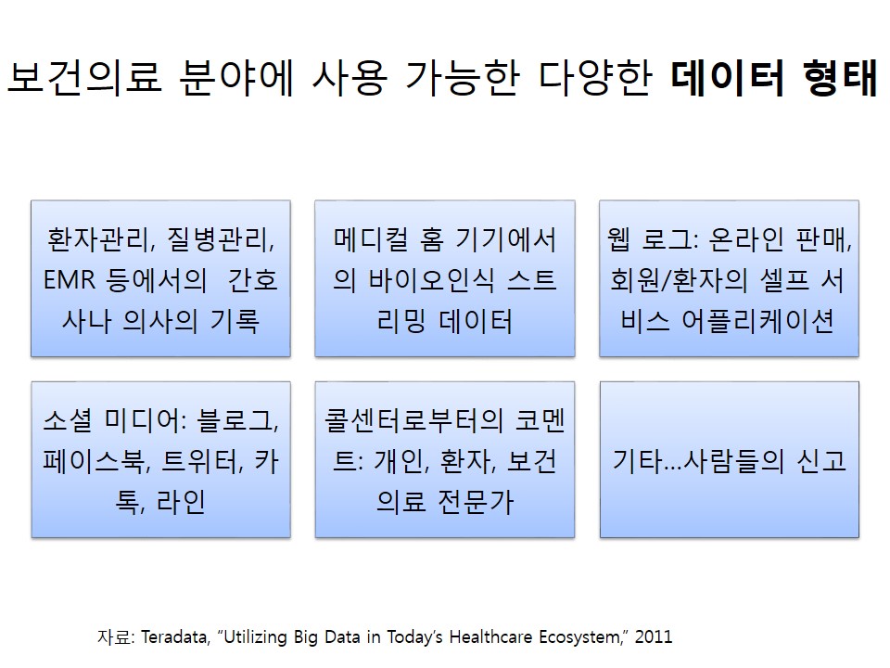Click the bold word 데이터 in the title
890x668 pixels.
(x=728, y=77)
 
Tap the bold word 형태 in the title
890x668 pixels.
(x=840, y=77)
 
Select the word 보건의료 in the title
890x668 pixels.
(x=84, y=77)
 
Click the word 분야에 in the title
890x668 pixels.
(x=236, y=77)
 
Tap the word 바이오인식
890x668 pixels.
(x=431, y=280)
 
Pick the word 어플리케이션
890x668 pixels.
(x=757, y=321)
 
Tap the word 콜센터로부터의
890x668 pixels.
(x=413, y=420)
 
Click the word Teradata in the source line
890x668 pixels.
(x=173, y=636)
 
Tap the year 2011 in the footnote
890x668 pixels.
(x=654, y=636)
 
